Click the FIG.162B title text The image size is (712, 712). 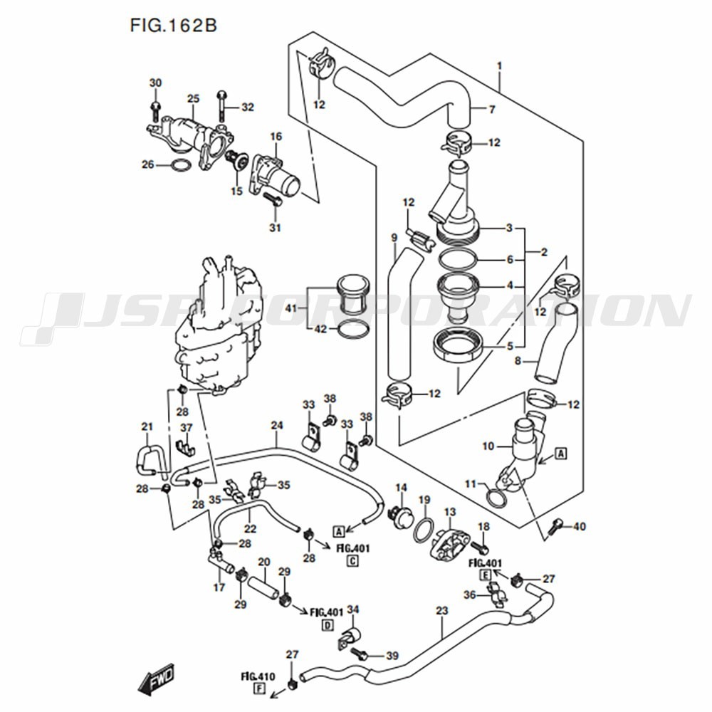coord(173,26)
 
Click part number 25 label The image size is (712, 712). coord(193,99)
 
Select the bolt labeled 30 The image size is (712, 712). coord(156,109)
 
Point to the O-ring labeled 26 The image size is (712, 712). coord(182,166)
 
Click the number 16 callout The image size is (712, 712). coord(276,136)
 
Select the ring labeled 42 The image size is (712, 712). coord(352,330)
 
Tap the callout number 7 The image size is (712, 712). coord(491,109)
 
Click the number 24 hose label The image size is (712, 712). coord(277,426)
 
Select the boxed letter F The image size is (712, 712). coord(258,689)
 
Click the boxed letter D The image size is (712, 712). coord(328,625)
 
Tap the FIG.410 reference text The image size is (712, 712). coord(258,675)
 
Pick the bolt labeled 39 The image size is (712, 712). coord(365,654)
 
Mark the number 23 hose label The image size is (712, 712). coord(442,610)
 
